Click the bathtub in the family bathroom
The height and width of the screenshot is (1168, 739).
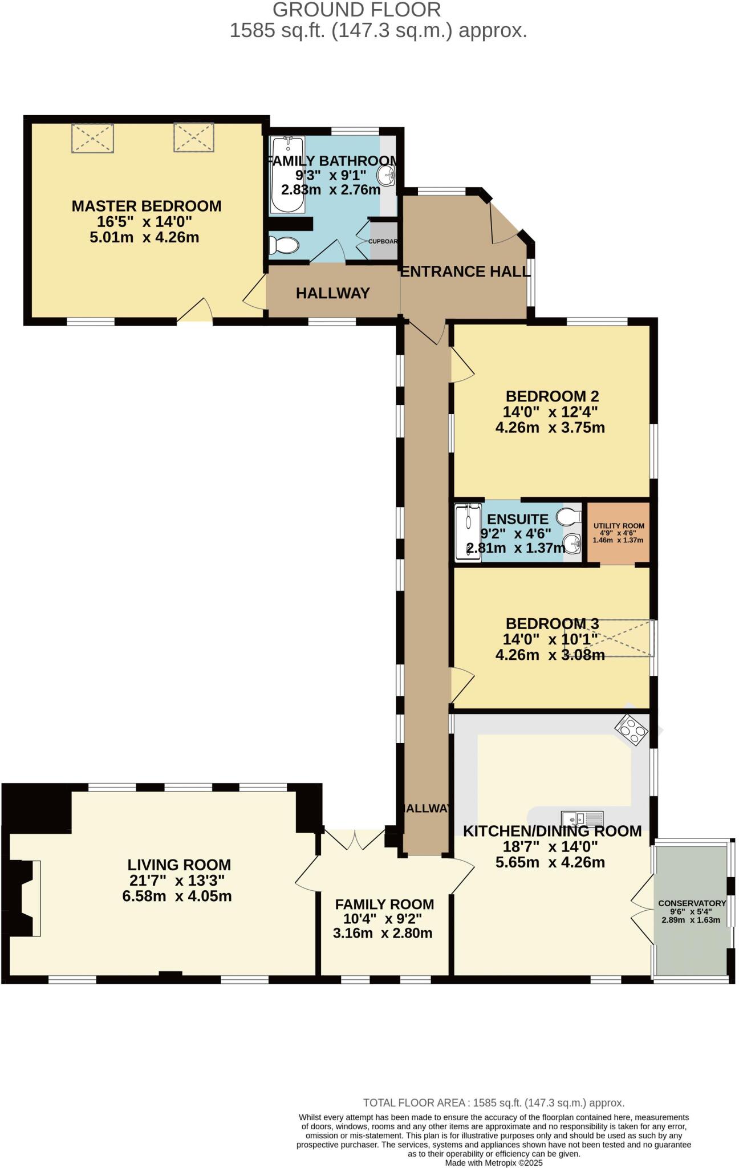coord(287,175)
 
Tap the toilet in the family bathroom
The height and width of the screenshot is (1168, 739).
coord(283,246)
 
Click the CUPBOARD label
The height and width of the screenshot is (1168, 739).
coord(383,241)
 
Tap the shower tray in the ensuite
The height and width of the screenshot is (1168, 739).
coord(468,532)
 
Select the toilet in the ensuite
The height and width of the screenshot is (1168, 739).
coord(568,517)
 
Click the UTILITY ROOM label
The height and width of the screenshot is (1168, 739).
coord(619,526)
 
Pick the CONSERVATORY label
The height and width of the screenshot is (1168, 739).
coord(692,903)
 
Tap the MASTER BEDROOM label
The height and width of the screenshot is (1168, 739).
coord(147,206)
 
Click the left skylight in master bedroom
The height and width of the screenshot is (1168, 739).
coord(92,138)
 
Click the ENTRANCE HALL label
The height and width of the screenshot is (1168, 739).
coord(465,271)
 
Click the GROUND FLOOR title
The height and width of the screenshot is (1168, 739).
coord(356,10)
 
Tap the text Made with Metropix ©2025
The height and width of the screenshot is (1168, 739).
coord(493,1162)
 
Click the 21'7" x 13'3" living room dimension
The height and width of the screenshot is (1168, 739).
coord(177,880)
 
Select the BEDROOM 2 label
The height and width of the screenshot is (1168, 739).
coord(551,396)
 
